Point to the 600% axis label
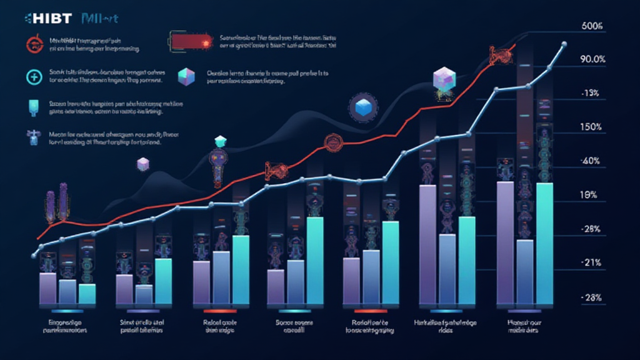(x=591, y=27)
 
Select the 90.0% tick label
(x=592, y=60)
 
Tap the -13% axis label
(x=589, y=94)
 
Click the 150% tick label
(x=590, y=127)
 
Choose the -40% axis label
(x=589, y=161)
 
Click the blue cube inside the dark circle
(x=362, y=107)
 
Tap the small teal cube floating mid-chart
(x=220, y=141)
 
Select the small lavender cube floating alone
(x=143, y=164)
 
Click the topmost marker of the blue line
(x=564, y=44)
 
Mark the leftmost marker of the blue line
(x=34, y=255)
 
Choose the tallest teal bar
(x=544, y=244)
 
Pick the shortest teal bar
(x=87, y=294)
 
